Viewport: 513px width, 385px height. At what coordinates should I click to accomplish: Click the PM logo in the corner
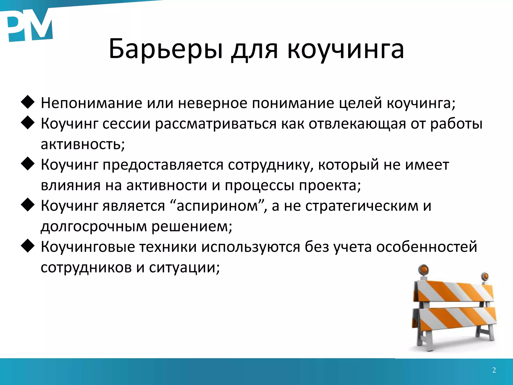click(x=29, y=25)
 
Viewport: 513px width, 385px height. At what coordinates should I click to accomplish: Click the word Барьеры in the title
click(x=165, y=49)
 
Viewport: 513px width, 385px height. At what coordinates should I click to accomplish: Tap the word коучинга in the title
click(x=346, y=49)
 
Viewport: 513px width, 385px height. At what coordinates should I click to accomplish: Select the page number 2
click(x=494, y=370)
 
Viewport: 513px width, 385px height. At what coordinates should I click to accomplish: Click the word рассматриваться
click(x=216, y=124)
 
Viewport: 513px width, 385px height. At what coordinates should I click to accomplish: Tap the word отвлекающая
click(x=357, y=124)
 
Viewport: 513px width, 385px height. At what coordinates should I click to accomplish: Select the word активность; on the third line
click(x=83, y=144)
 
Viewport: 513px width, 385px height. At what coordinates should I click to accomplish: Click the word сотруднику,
click(x=271, y=165)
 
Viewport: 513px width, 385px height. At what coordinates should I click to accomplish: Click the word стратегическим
click(x=362, y=206)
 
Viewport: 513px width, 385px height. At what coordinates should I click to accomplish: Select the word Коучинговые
click(x=88, y=247)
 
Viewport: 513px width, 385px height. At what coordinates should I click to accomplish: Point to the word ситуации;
click(x=184, y=268)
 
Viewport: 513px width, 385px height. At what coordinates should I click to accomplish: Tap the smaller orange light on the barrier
click(x=485, y=276)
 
